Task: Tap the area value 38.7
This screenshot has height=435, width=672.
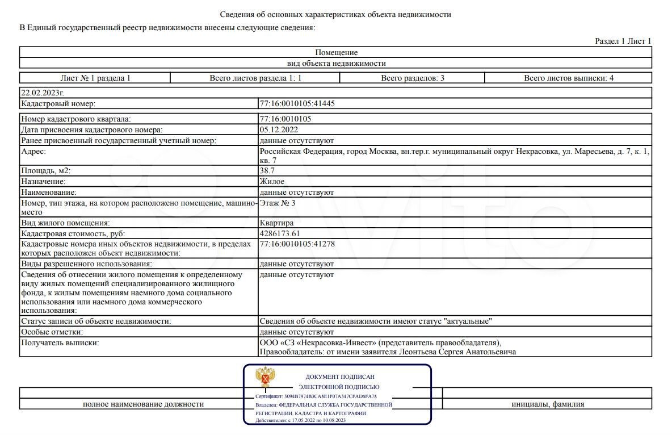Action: click(268, 170)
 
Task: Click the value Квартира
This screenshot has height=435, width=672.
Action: click(276, 223)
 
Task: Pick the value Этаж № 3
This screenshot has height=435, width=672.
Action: click(278, 203)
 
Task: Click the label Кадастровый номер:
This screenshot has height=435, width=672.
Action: click(58, 104)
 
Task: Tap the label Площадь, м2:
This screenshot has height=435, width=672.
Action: click(46, 170)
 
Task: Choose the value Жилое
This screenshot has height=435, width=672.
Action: click(272, 181)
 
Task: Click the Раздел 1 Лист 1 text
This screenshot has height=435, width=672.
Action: click(623, 41)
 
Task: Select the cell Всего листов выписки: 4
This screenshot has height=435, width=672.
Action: click(568, 78)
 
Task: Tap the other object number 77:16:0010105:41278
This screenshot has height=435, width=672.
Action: click(293, 244)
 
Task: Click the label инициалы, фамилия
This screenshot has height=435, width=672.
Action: click(547, 404)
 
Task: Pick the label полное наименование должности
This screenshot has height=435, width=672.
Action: click(143, 404)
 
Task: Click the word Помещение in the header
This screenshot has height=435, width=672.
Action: click(336, 53)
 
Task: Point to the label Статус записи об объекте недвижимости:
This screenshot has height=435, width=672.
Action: click(96, 321)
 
